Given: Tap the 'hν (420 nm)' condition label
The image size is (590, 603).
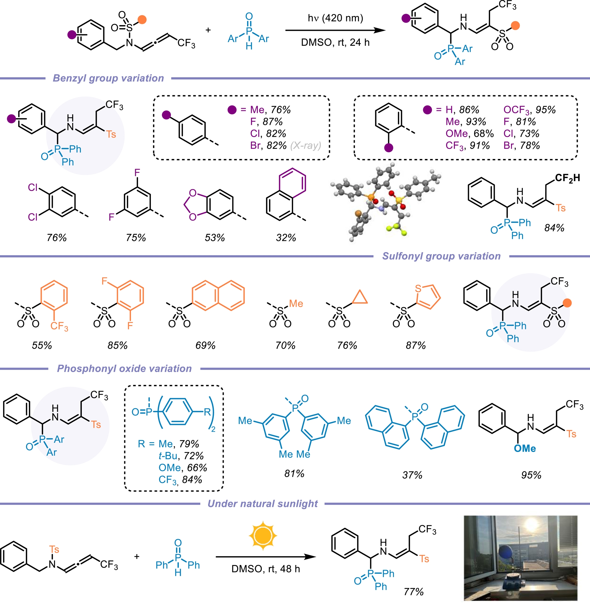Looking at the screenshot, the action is click(335, 18).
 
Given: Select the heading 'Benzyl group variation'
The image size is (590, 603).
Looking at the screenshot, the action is click(108, 78).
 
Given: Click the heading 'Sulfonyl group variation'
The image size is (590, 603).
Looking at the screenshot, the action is click(441, 256).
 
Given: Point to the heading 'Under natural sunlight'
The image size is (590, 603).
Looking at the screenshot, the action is click(262, 504).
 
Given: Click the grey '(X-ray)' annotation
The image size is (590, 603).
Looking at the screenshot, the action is click(305, 145).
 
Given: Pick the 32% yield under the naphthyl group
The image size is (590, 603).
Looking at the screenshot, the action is click(286, 238).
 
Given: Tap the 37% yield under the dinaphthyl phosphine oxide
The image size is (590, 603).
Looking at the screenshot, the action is click(412, 475).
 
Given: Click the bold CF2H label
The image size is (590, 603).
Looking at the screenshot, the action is click(567, 178).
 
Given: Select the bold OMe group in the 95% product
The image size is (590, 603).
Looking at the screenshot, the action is click(525, 448).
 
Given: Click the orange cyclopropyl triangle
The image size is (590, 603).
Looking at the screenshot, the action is click(360, 297).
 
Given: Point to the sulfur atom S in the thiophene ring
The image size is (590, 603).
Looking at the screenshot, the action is click(418, 289).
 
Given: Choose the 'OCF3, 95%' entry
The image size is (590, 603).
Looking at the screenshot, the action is click(529, 110).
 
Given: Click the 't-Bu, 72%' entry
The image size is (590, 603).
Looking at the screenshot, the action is click(181, 456).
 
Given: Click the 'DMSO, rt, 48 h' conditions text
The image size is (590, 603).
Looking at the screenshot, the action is click(265, 569).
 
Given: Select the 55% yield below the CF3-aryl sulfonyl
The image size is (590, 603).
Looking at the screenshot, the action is click(42, 345).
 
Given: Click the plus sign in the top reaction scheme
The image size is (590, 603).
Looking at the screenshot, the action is click(208, 30).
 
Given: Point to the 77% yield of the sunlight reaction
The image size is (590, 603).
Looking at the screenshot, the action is click(413, 592).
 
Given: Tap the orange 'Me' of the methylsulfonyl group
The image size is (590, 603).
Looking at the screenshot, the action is click(296, 303).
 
